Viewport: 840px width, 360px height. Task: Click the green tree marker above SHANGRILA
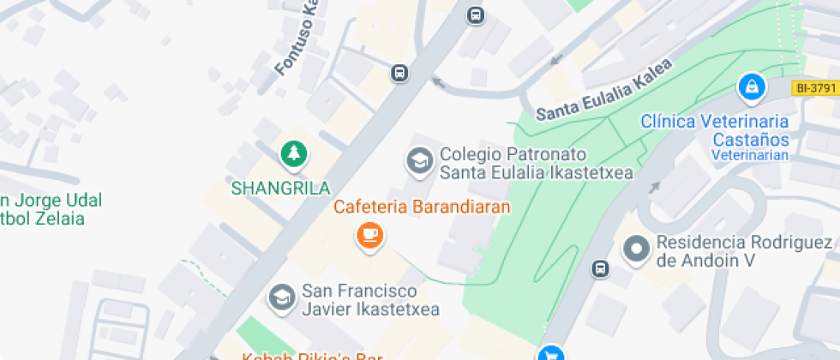point(295,154)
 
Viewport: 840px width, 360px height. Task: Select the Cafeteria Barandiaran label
point(422,207)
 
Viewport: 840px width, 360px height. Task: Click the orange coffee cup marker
point(369,235)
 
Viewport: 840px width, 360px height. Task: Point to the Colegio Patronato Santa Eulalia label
point(536,164)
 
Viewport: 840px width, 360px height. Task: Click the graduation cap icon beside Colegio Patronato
point(419,160)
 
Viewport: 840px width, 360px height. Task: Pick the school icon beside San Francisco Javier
point(280,297)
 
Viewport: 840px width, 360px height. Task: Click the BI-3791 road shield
point(815,87)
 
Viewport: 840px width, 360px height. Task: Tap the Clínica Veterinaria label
point(715,121)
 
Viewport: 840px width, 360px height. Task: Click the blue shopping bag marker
point(751,86)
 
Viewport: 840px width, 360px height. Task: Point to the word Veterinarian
point(748,155)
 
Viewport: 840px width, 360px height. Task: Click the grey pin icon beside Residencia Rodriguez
point(637,249)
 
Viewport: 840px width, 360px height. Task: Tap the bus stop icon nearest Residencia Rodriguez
point(601,268)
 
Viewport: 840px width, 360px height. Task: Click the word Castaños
point(750,138)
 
